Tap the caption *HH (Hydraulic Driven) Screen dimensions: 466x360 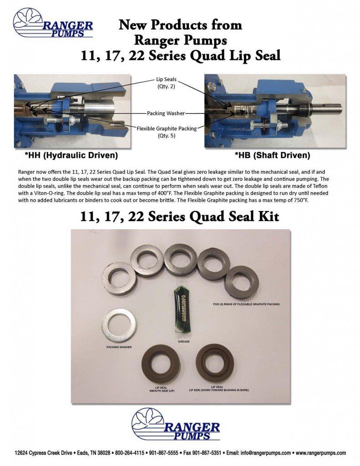(x=72, y=156)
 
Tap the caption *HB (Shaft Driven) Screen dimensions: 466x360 (x=272, y=156)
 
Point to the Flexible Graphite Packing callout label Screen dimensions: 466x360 (x=167, y=129)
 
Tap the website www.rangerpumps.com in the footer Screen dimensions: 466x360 (x=320, y=453)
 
